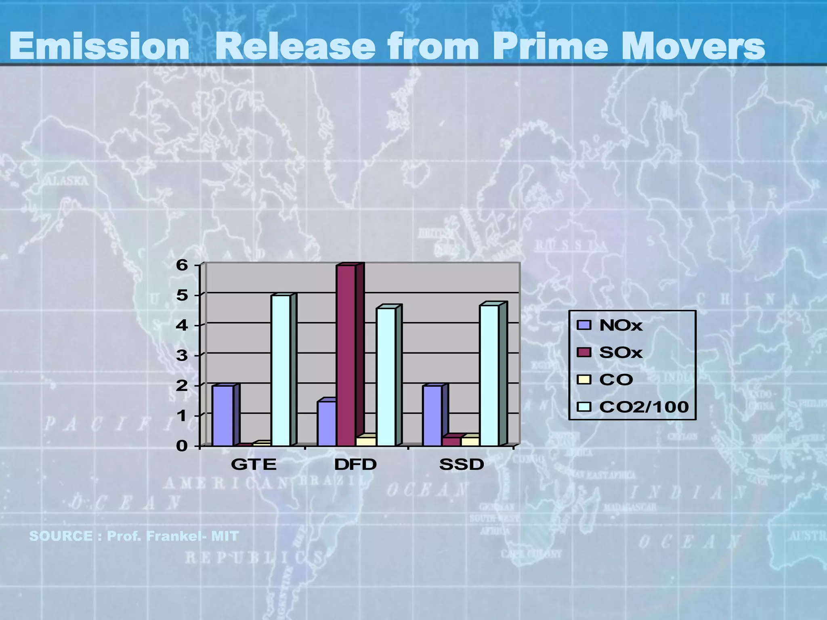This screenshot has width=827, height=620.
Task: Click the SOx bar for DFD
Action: [346, 355]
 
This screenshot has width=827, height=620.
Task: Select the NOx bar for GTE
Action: [222, 416]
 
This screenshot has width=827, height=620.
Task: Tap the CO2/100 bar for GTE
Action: [281, 371]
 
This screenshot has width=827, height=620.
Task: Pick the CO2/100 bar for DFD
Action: [386, 377]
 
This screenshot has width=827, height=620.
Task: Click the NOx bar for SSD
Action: [432, 416]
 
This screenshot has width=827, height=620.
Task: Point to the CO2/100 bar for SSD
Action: [489, 375]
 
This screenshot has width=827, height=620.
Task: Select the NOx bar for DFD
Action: [327, 423]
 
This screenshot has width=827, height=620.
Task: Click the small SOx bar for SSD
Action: [451, 441]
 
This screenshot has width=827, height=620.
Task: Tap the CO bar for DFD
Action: [366, 441]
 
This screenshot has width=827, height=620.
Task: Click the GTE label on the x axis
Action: [254, 465]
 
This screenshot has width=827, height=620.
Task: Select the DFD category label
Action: [355, 465]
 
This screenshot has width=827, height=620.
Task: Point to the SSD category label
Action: [462, 465]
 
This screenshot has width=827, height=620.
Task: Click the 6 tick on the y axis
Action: [183, 265]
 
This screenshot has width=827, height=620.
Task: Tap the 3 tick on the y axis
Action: [183, 356]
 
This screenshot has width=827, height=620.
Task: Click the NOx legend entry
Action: [620, 325]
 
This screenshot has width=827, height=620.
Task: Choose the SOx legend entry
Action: [620, 352]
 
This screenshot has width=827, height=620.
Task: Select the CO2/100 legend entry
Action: [644, 407]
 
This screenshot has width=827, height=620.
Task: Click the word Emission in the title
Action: [99, 46]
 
